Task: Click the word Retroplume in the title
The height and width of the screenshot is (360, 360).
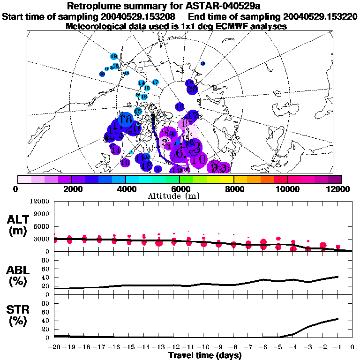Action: pyautogui.click(x=96, y=6)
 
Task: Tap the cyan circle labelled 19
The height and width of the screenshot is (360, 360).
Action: pyautogui.click(x=114, y=56)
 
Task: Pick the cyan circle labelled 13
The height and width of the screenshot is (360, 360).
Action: pyautogui.click(x=147, y=88)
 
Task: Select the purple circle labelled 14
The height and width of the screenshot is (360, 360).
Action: pyautogui.click(x=116, y=150)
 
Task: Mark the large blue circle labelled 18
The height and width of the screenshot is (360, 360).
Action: pyautogui.click(x=125, y=119)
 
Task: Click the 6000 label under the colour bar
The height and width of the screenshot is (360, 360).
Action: pyautogui.click(x=180, y=189)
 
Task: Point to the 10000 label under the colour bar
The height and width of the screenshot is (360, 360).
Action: pyautogui.click(x=288, y=189)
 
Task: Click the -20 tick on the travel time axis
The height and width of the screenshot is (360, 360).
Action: pyautogui.click(x=54, y=347)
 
